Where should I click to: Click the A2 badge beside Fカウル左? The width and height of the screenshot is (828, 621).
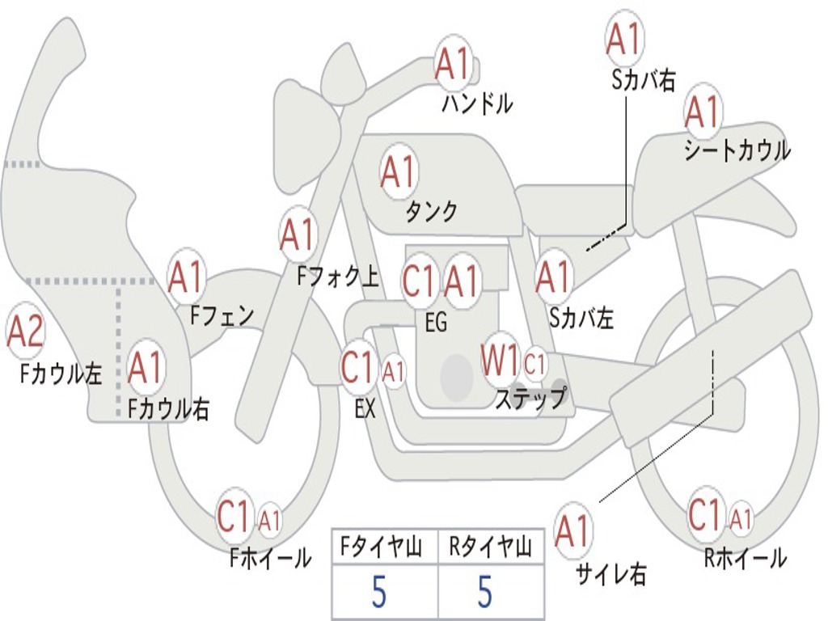(25, 331)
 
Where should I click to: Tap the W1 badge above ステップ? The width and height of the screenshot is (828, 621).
(500, 361)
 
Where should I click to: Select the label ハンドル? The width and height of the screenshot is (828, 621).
(477, 103)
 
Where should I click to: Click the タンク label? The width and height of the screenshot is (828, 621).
(431, 211)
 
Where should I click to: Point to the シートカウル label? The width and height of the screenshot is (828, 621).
(737, 151)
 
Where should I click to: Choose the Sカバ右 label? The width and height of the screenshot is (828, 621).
(644, 80)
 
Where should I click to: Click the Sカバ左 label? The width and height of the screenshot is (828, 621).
(581, 319)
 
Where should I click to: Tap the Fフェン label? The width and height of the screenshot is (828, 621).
(222, 315)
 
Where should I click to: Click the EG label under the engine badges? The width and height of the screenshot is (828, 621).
(436, 323)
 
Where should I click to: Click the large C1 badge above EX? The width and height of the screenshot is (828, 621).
(359, 368)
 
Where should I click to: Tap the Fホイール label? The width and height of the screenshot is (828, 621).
(270, 557)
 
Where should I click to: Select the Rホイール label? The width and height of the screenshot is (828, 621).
(745, 557)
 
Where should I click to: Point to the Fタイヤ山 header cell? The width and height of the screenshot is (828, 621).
(382, 549)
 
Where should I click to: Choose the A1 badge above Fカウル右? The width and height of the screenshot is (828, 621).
(146, 367)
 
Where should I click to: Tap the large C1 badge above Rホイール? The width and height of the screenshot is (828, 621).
(705, 514)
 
